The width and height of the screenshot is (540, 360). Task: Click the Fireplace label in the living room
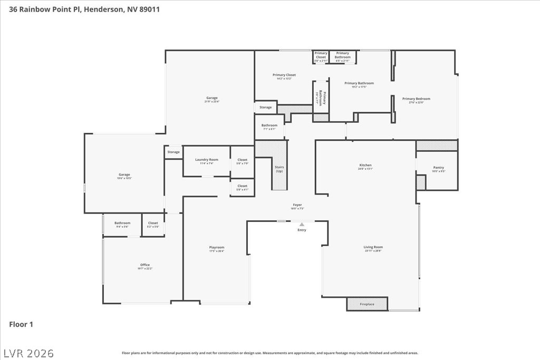click(367, 304)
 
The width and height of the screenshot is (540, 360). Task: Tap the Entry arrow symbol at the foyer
click(302, 225)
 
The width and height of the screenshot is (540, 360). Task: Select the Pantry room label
click(438, 168)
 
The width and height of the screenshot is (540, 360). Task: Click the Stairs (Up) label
click(279, 169)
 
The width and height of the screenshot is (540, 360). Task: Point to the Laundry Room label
click(206, 160)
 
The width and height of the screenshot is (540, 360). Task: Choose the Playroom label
click(216, 247)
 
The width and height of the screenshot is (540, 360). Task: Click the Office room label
click(145, 265)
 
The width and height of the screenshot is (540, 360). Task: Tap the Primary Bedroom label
click(416, 99)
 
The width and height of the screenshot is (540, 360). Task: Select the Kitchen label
click(365, 165)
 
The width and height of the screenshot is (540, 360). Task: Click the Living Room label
click(373, 247)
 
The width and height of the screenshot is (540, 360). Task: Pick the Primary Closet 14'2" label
click(284, 75)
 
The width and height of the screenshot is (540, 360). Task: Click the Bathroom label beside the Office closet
click(122, 223)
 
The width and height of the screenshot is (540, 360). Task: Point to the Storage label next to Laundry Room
click(173, 152)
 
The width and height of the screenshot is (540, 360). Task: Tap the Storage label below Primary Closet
click(266, 107)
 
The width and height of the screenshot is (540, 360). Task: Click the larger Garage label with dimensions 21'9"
click(211, 98)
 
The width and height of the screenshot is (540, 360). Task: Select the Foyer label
click(297, 205)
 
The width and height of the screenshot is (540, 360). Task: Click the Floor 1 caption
click(21, 324)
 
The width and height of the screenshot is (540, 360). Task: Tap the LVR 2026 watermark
click(28, 352)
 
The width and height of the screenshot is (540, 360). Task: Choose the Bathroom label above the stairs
click(269, 125)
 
